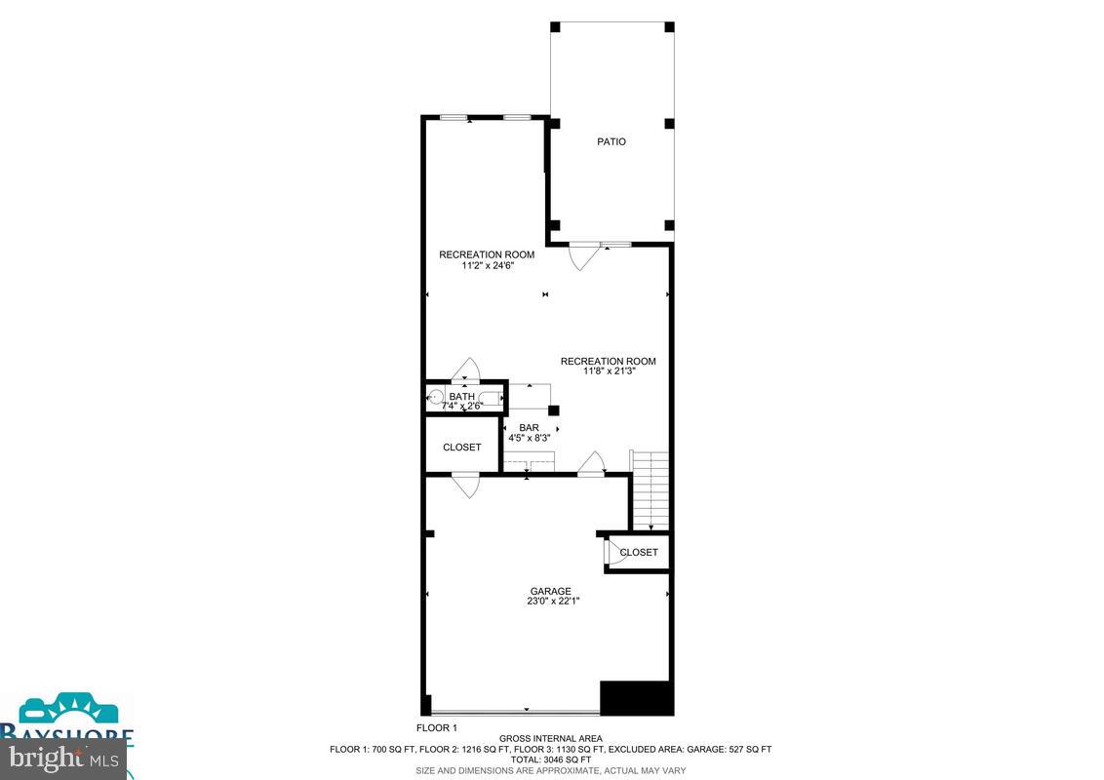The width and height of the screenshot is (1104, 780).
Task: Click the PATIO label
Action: tap(611, 142)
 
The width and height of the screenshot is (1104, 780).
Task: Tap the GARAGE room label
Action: tap(550, 591)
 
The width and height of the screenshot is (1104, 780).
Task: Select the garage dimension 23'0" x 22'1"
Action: tap(550, 602)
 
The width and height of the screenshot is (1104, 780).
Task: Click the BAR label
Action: tap(529, 428)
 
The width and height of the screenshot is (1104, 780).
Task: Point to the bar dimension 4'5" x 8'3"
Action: tap(529, 439)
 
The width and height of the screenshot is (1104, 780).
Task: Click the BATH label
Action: tap(461, 397)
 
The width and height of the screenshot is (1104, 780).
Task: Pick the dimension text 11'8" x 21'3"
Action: tap(608, 371)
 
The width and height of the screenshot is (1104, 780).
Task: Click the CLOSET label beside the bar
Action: tap(461, 448)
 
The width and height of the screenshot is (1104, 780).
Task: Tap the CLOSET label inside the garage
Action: tap(639, 552)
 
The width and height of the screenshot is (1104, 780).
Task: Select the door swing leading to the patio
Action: tap(582, 257)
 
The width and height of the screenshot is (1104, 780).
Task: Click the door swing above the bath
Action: tap(467, 369)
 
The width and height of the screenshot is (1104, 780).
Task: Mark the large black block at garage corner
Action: tap(636, 698)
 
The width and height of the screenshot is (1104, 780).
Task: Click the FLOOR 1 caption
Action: tap(437, 728)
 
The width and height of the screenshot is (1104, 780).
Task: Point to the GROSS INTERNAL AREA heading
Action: tap(551, 738)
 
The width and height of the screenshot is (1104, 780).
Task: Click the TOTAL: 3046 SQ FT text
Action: tap(551, 760)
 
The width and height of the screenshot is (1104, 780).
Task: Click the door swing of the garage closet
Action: tap(614, 553)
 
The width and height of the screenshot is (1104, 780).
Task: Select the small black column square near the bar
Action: tap(553, 410)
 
